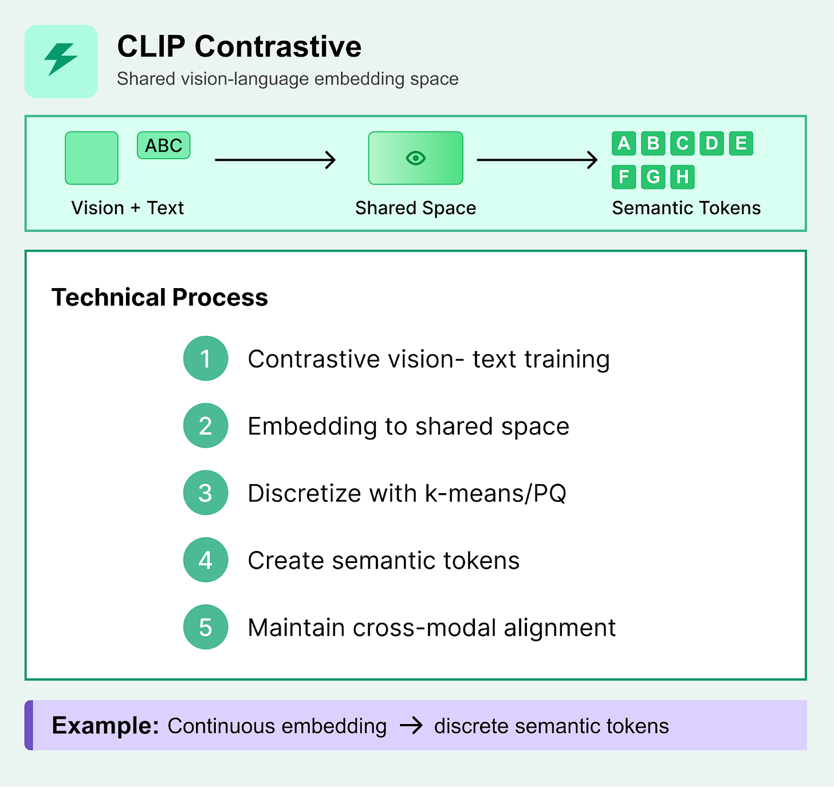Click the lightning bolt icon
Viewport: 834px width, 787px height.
click(61, 59)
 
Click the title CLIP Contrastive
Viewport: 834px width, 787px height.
click(239, 46)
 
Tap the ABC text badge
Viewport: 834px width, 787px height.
click(163, 145)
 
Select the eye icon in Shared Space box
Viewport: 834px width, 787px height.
click(415, 158)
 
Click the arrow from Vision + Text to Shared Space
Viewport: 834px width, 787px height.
click(275, 160)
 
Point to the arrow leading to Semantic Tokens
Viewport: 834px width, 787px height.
click(537, 160)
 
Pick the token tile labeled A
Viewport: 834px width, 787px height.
click(624, 143)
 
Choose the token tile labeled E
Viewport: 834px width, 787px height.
click(741, 143)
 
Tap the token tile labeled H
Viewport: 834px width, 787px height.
click(682, 177)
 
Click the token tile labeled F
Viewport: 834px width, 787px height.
click(624, 177)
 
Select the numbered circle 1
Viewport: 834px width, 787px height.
click(206, 359)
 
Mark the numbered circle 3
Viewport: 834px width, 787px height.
click(206, 493)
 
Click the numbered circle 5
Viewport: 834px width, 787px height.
click(206, 627)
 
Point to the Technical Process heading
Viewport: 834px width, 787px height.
click(160, 297)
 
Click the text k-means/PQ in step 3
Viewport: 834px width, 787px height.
click(495, 493)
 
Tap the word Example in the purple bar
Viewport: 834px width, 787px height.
click(105, 726)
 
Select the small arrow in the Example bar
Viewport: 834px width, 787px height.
click(411, 726)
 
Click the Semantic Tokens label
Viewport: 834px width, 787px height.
click(686, 208)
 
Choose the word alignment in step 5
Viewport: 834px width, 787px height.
click(560, 628)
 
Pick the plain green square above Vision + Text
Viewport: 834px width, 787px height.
click(92, 158)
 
